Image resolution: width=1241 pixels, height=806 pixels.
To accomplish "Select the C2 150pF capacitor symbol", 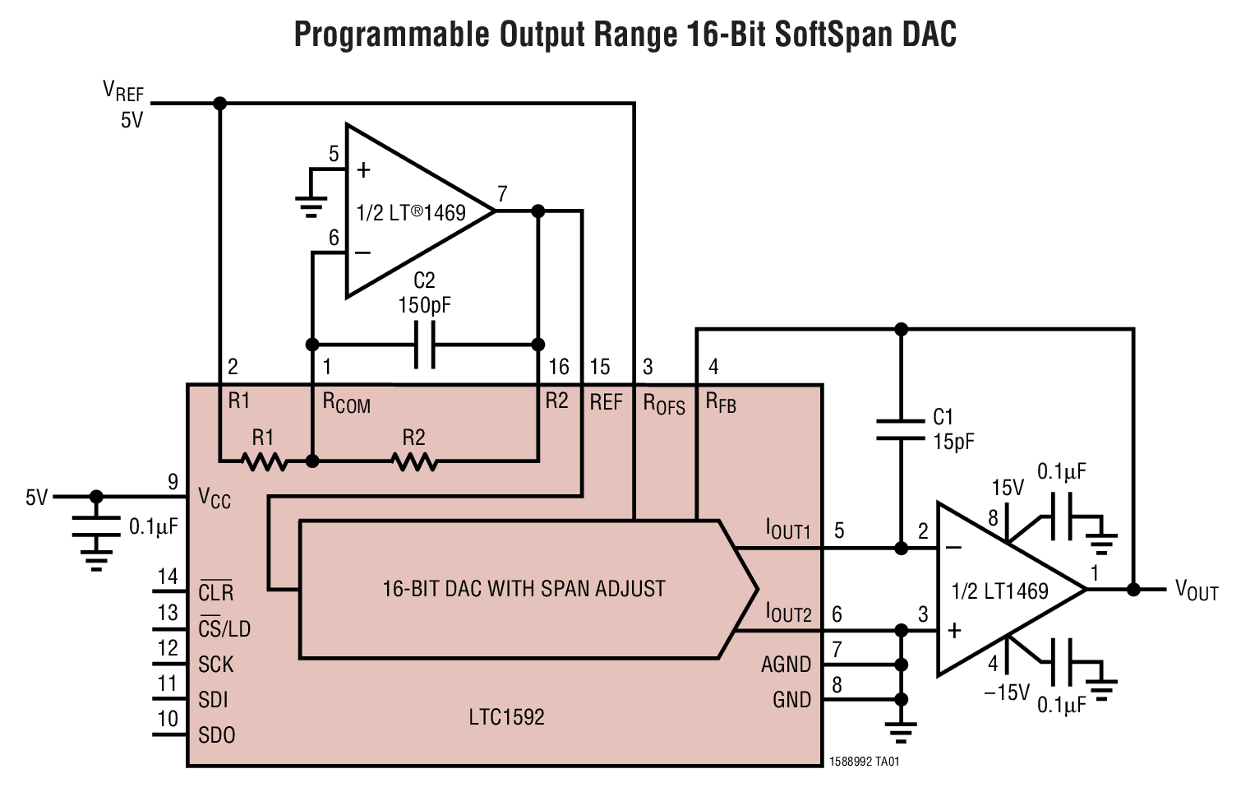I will pyautogui.click(x=424, y=345).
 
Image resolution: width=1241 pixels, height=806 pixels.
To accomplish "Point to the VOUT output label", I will pyautogui.click(x=1196, y=590).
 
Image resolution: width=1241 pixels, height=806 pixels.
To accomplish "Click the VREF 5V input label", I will pyautogui.click(x=124, y=104).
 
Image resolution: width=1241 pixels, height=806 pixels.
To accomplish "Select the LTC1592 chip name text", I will pyautogui.click(x=506, y=717).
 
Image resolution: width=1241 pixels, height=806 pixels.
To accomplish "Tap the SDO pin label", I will pyautogui.click(x=216, y=734).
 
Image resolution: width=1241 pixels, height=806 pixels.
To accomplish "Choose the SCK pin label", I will pyautogui.click(x=215, y=664).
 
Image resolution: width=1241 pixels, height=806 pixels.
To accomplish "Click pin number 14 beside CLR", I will pyautogui.click(x=168, y=577).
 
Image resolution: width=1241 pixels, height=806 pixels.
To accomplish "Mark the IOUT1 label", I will pyautogui.click(x=788, y=530).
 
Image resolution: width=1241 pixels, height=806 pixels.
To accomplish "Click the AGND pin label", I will pyautogui.click(x=786, y=664).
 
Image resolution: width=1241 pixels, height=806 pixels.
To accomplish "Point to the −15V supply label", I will pyautogui.click(x=1006, y=693).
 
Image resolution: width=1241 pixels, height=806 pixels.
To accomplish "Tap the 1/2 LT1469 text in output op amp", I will pyautogui.click(x=999, y=591).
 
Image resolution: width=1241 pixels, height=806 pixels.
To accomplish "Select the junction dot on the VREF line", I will pyautogui.click(x=219, y=104).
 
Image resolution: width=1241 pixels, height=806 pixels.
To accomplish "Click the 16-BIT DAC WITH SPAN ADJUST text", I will pyautogui.click(x=524, y=589).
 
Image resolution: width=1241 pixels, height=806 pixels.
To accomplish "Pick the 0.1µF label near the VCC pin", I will pyautogui.click(x=154, y=526).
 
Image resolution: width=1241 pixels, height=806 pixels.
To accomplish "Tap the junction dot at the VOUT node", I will pyautogui.click(x=1133, y=590).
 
